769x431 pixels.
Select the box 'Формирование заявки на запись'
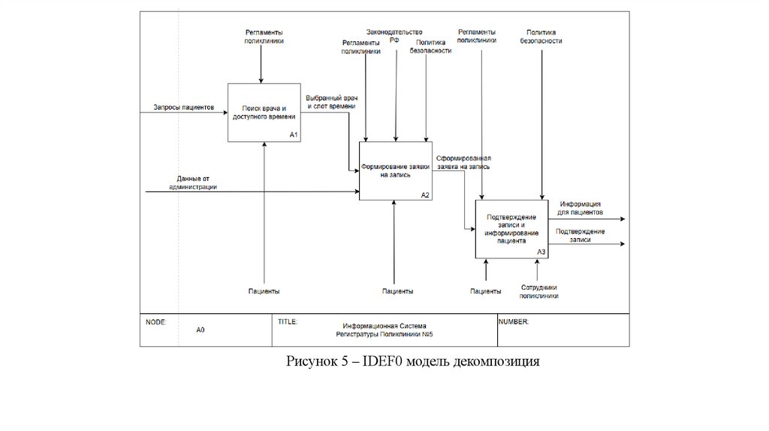coord(395,170)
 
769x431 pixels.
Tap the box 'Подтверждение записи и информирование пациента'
coord(511,229)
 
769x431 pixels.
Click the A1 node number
coord(294,135)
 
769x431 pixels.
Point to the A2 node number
coord(424,194)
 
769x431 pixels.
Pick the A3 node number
coord(541,252)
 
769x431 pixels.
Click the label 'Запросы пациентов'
coord(184,107)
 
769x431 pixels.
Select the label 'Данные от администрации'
coord(193,182)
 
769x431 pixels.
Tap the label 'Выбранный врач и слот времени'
coord(330,102)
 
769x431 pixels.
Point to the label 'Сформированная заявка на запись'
coord(463,162)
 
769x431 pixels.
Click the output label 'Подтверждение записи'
coord(580,235)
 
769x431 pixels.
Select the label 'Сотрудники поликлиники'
coord(539,291)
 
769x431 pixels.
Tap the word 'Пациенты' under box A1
coord(264,291)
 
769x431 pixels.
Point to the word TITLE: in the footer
coord(288,321)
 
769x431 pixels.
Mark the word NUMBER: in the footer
coord(514,321)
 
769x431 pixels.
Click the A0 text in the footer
coord(201,330)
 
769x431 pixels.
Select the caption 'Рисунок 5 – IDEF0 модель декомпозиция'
coord(413,362)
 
